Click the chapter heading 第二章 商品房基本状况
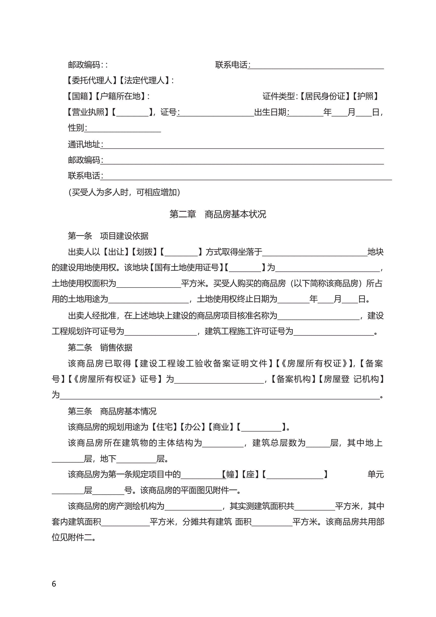click(x=218, y=214)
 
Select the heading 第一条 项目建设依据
click(x=108, y=236)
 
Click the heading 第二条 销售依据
click(x=100, y=348)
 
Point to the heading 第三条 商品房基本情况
click(x=112, y=411)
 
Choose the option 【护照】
click(x=366, y=96)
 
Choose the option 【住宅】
click(x=164, y=427)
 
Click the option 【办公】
click(x=192, y=427)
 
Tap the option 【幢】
click(x=230, y=474)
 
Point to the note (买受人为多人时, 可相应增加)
click(x=124, y=192)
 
